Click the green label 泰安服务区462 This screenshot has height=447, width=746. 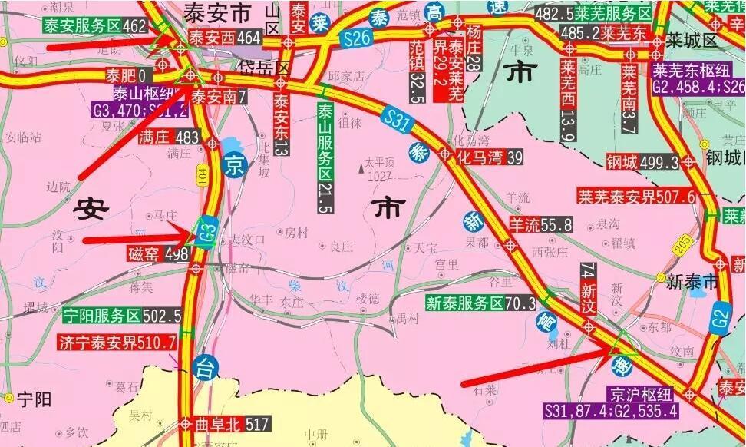pos(94,26)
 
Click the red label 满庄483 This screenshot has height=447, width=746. pos(170,138)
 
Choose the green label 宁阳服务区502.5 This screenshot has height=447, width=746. pos(122,316)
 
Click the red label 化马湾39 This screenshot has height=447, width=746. pos(490,157)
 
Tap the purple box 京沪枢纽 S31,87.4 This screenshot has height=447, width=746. pos(611,403)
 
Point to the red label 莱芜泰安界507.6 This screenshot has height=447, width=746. pos(636,197)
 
